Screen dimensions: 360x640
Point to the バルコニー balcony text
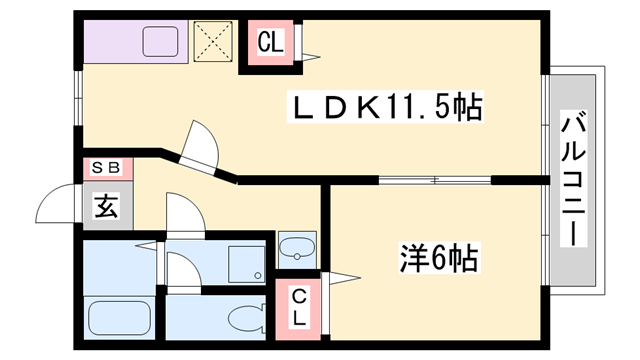tap(573, 180)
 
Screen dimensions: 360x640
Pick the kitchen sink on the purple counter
tap(160, 42)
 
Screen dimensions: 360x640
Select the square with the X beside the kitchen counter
tap(213, 42)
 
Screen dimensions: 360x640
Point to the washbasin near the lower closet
tap(296, 247)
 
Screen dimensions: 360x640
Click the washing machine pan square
tap(245, 262)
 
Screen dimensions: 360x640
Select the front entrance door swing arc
tap(58, 207)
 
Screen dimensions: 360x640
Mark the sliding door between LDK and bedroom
tap(435, 180)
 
